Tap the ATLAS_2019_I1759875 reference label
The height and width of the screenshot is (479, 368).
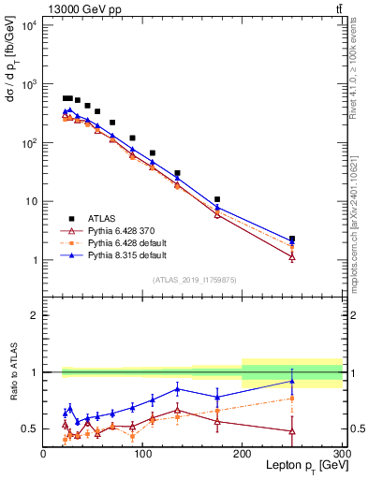[193, 279]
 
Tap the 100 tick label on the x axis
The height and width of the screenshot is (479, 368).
[142, 454]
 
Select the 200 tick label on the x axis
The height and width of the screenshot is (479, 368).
[243, 454]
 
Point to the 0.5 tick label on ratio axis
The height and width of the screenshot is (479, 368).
[31, 428]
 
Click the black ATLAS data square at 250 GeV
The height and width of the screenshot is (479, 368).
[292, 239]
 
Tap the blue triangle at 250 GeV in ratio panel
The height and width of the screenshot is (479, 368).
[292, 381]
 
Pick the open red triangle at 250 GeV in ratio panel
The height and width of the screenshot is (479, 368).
[292, 431]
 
